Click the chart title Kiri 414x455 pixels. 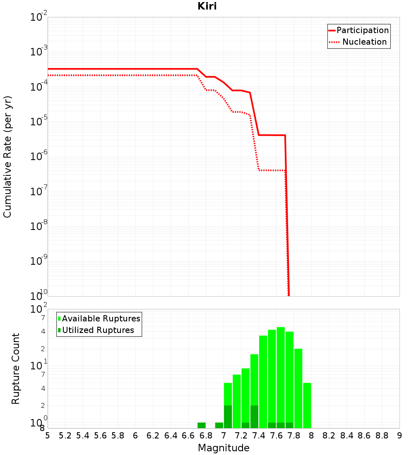[207, 7]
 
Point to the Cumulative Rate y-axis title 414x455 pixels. [7, 156]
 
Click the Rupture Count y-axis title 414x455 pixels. [16, 368]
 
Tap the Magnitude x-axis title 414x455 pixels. [224, 448]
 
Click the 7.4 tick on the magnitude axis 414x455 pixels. [259, 436]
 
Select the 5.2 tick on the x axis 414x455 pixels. [65, 436]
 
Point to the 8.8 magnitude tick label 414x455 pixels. [382, 436]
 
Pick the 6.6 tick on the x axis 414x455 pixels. [188, 436]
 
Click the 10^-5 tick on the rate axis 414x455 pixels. [39, 121]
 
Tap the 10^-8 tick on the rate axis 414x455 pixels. [39, 226]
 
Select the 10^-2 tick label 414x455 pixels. [39, 17]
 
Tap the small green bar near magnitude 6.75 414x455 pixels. [202, 425]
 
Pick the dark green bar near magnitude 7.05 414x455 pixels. [228, 417]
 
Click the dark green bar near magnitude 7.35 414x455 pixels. [254, 417]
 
